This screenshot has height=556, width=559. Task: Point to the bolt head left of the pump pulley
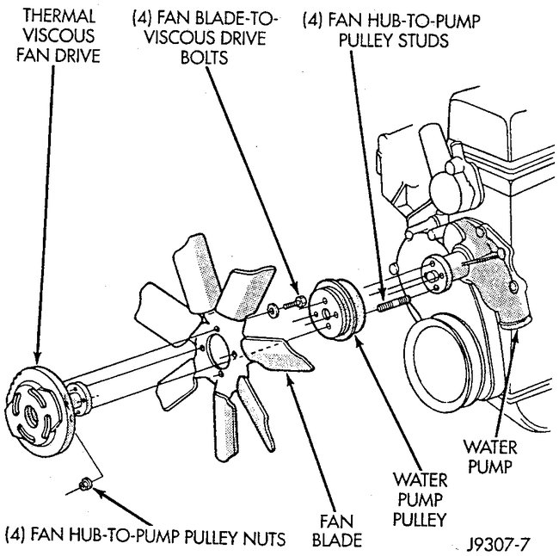coord(299,301)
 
